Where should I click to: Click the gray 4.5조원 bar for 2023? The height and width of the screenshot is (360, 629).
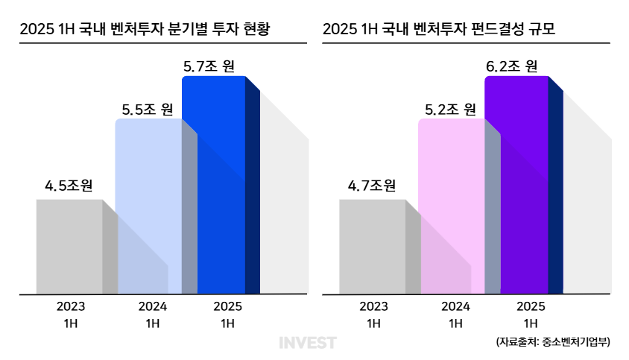click(x=69, y=246)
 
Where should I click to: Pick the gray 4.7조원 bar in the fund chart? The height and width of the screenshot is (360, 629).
click(x=372, y=246)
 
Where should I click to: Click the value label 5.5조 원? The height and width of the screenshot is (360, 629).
click(x=148, y=109)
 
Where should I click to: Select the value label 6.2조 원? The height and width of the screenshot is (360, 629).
click(x=512, y=66)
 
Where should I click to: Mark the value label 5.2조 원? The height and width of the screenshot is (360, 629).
click(x=450, y=109)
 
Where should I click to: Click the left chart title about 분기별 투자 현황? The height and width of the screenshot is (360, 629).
click(x=145, y=30)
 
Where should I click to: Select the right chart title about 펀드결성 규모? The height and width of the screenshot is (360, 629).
click(x=439, y=30)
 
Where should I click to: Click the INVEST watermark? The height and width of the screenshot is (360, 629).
click(x=308, y=343)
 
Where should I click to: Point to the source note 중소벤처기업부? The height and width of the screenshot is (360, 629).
click(x=552, y=342)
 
